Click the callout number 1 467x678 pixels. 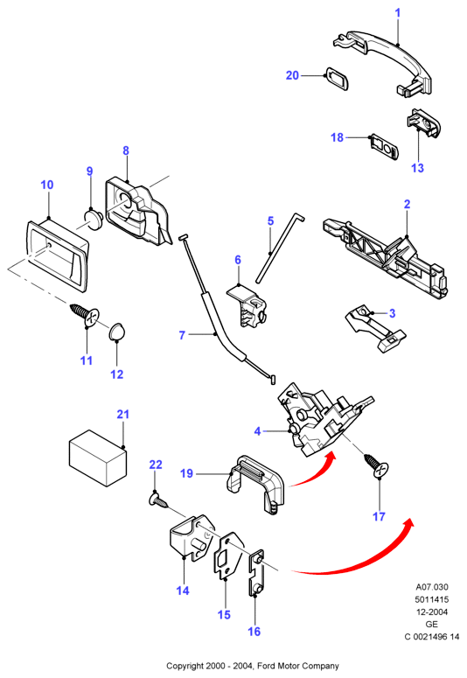(x=398, y=13)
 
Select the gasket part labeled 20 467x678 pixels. (x=337, y=78)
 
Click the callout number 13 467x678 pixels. (x=417, y=168)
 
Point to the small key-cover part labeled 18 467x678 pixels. (x=384, y=147)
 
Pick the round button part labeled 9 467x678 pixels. (x=92, y=218)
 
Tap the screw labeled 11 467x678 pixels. (x=85, y=316)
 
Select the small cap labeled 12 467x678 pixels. (x=116, y=332)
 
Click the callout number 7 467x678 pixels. (x=182, y=335)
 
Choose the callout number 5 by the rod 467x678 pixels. (x=271, y=221)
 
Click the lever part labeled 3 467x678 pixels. (x=375, y=328)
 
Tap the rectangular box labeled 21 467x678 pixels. (x=98, y=458)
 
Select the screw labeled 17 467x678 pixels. (x=377, y=465)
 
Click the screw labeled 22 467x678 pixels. (x=157, y=500)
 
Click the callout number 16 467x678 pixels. (x=254, y=632)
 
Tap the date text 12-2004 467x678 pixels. (x=432, y=612)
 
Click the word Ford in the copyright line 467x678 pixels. (x=266, y=666)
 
